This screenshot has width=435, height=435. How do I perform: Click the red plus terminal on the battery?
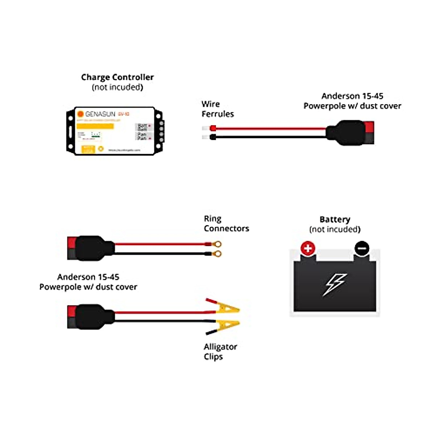(x=308, y=249)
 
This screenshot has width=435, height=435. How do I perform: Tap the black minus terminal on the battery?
(x=361, y=249)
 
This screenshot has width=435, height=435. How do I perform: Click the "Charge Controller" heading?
(x=117, y=77)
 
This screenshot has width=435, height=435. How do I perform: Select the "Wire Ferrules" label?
(x=217, y=109)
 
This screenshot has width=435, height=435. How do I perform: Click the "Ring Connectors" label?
(x=226, y=223)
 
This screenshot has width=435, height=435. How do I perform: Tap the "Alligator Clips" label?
(x=220, y=351)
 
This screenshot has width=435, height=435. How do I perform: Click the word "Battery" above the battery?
(x=335, y=219)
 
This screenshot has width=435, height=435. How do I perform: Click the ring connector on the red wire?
(x=217, y=244)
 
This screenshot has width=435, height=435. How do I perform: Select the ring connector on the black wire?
(x=217, y=254)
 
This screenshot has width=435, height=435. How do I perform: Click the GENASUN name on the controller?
(x=100, y=114)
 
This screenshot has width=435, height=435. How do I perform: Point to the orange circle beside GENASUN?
(x=80, y=114)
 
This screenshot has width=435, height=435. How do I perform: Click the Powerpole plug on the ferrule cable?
(x=350, y=133)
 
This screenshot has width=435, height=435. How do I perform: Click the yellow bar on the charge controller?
(x=95, y=126)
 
